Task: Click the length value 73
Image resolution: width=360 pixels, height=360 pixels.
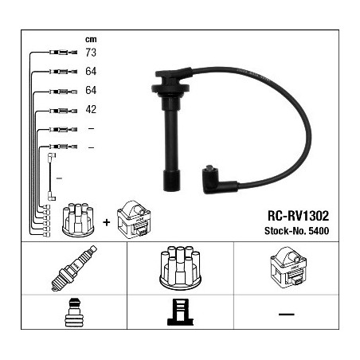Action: [91, 53]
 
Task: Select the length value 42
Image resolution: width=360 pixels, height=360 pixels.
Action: [91, 109]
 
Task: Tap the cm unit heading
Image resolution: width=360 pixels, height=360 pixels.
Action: [91, 40]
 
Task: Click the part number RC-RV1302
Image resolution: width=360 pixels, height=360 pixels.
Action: [298, 216]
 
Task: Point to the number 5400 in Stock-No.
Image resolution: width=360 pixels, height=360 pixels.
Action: [319, 231]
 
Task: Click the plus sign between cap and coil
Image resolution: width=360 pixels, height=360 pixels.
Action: [106, 222]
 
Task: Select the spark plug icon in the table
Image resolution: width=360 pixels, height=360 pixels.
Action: [74, 268]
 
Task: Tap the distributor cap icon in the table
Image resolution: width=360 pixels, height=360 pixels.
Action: [180, 268]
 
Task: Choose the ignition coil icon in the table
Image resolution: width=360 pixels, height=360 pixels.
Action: [288, 268]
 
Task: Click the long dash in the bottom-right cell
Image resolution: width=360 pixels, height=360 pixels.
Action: [287, 314]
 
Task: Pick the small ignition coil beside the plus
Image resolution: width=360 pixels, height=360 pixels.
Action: [134, 219]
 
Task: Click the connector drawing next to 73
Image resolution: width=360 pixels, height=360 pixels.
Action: [63, 53]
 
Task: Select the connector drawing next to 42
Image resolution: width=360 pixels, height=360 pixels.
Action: [63, 111]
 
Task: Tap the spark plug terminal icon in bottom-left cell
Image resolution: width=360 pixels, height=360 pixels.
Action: [74, 312]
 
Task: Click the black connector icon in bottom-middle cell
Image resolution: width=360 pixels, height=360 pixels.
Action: [181, 312]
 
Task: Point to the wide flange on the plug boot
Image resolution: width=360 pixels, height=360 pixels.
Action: [170, 88]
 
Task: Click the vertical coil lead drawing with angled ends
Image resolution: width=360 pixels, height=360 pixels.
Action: [51, 177]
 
